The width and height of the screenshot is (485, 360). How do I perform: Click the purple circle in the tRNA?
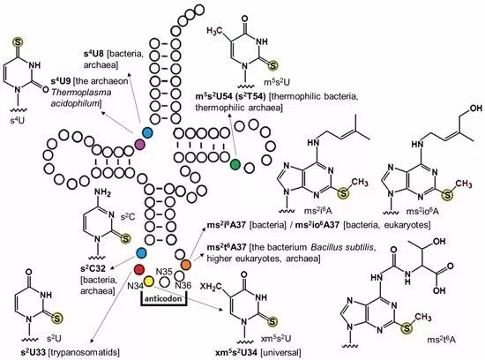point(140,144)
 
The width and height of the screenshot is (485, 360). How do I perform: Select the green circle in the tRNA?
point(235,164)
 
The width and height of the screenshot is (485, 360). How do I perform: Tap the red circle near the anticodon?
point(139,270)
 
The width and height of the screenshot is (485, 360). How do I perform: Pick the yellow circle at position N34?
point(149,281)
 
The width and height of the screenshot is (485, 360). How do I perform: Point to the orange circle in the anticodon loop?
point(185,265)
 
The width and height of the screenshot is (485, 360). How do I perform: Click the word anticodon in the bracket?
point(164,299)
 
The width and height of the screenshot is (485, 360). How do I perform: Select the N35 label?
point(164,272)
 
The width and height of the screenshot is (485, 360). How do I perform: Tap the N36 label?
point(183,285)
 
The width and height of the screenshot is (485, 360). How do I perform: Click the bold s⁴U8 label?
point(94,54)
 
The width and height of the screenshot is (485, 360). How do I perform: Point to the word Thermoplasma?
point(81,93)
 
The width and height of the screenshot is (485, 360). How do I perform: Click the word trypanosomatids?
point(84,352)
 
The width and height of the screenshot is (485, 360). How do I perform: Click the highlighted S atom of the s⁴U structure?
point(18,42)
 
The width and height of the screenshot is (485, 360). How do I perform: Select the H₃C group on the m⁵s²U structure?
point(214,31)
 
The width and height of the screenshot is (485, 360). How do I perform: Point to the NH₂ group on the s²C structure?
point(102,193)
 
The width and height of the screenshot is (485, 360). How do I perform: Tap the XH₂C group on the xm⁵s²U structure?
point(212,286)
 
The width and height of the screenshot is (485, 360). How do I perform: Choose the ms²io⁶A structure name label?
point(422,212)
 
